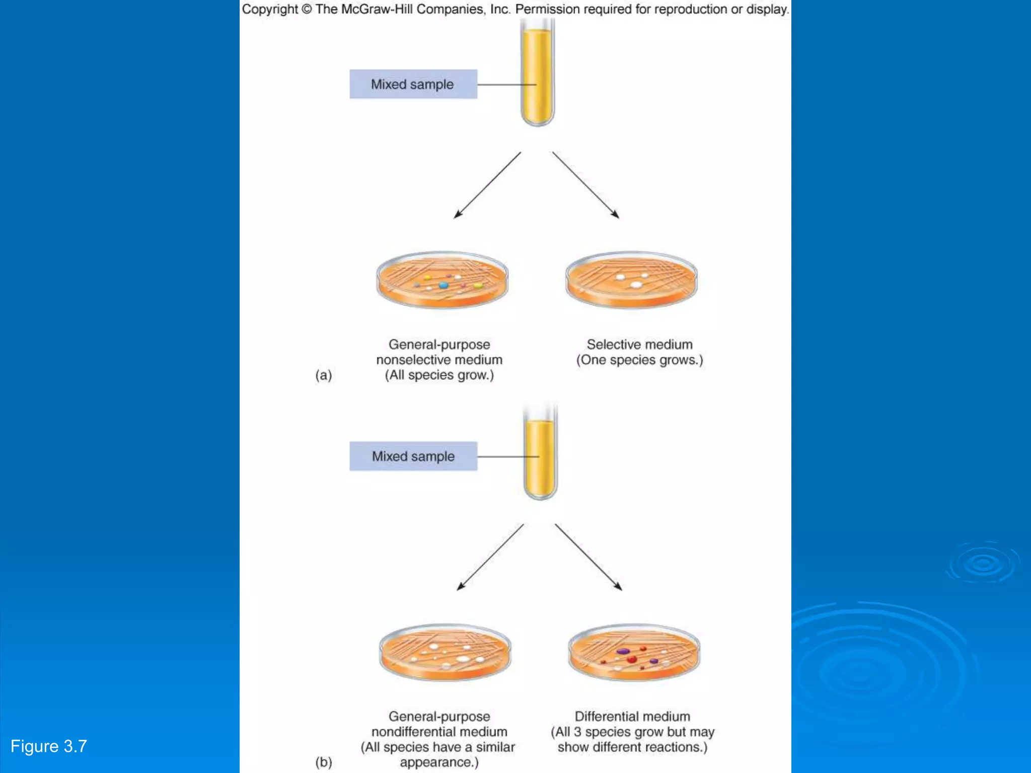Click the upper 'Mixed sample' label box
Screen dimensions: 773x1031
pos(413,84)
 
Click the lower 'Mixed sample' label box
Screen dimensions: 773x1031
pos(413,456)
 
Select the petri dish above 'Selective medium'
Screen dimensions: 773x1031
pos(631,280)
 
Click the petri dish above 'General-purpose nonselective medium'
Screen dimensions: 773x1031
pos(442,280)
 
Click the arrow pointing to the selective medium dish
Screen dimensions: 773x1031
pos(585,185)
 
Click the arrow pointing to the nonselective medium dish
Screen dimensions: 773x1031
pos(487,185)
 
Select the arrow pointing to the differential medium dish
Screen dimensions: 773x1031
pos(588,557)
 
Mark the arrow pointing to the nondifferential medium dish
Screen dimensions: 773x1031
pos(490,557)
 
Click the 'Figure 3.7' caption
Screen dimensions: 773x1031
pos(49,746)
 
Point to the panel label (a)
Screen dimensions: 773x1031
pos(323,375)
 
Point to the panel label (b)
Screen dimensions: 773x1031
pos(323,762)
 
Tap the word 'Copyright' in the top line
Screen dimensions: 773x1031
pos(270,9)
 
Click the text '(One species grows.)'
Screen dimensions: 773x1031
pos(639,360)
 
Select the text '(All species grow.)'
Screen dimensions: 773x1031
pos(439,375)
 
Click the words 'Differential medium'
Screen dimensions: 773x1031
pos(632,716)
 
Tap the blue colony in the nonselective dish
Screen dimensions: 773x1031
pos(443,285)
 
